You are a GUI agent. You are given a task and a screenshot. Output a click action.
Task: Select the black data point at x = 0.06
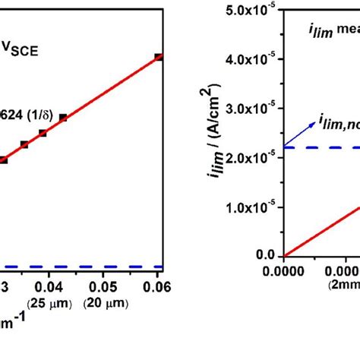point(158,57)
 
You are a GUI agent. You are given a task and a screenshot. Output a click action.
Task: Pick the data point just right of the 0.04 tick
point(63,117)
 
